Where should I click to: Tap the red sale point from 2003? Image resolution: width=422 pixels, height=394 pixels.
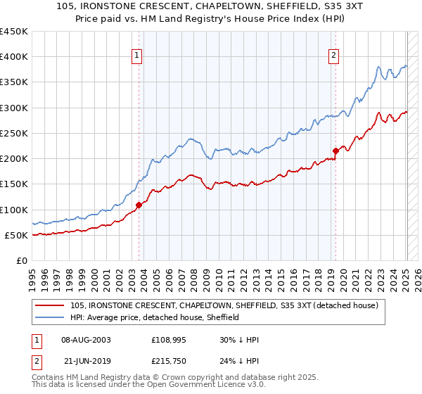[x=139, y=205]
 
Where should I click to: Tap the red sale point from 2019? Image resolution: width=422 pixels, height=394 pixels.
[x=335, y=150]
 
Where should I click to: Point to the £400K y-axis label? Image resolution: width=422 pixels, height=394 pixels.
[x=13, y=57]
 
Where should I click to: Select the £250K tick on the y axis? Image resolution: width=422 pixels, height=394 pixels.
[x=13, y=134]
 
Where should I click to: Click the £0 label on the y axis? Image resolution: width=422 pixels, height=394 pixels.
[x=20, y=260]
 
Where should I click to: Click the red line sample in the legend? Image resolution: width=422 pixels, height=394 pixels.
[x=51, y=305]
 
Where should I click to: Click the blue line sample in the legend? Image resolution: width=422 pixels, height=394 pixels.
[x=51, y=317]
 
